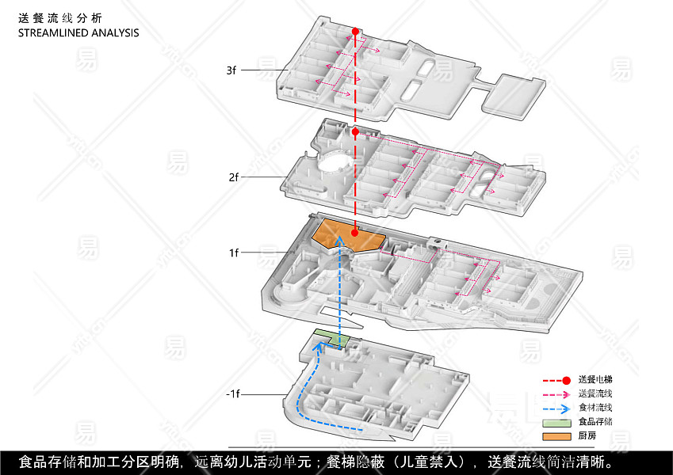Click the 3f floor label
coord(231,70)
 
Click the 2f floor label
coord(233,177)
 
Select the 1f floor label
coord(233,253)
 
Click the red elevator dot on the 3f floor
coord(356,32)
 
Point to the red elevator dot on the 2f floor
coord(356,131)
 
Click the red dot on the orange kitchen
coord(356,233)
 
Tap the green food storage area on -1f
coord(333,338)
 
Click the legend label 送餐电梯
coord(595,380)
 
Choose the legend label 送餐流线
coord(595,394)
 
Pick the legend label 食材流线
coord(595,408)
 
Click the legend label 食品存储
coord(595,422)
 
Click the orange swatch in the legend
coord(556,436)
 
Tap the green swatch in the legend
coord(556,422)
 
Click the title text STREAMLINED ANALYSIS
coord(78,33)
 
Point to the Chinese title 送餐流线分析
coord(59,18)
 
